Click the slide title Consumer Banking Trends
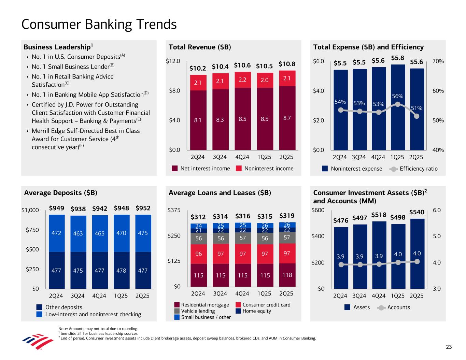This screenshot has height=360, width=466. click(x=99, y=25)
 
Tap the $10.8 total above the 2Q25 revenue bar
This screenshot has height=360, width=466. click(x=287, y=64)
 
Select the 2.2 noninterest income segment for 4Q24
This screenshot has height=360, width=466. click(x=242, y=80)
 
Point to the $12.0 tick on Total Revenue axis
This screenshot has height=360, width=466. click(x=173, y=61)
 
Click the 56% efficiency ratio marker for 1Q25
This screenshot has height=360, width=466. click(x=397, y=104)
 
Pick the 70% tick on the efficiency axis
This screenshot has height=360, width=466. click(x=438, y=61)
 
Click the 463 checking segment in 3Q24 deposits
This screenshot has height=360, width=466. click(x=77, y=234)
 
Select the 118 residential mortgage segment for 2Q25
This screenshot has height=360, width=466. click(x=287, y=275)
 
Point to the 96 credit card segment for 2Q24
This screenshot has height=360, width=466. click(x=198, y=254)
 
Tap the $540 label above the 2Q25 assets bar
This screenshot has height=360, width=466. click(x=416, y=212)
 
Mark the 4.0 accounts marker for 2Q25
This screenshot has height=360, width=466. click(x=417, y=261)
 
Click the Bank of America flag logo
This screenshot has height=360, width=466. click(x=33, y=342)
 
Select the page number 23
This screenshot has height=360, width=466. click(x=449, y=347)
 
